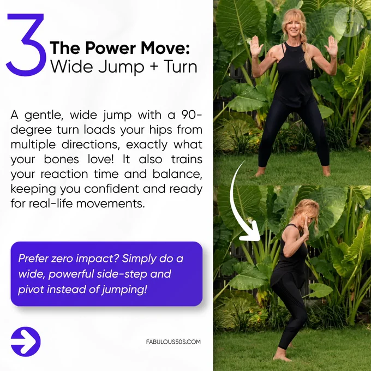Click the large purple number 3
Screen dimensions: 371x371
pyautogui.click(x=26, y=45)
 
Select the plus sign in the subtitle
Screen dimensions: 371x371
pyautogui.click(x=154, y=67)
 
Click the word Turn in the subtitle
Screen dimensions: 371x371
pyautogui.click(x=180, y=67)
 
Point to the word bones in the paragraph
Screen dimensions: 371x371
pyautogui.click(x=61, y=159)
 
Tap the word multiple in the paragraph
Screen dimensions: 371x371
pyautogui.click(x=33, y=145)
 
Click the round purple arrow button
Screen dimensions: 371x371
pyautogui.click(x=26, y=342)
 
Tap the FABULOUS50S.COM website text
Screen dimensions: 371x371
pyautogui.click(x=173, y=342)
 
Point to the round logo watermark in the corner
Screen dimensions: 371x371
pyautogui.click(x=349, y=22)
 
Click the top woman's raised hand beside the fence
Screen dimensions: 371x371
pyautogui.click(x=257, y=46)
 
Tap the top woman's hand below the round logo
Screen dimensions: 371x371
pyautogui.click(x=331, y=46)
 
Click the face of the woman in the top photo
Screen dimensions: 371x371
pyautogui.click(x=294, y=27)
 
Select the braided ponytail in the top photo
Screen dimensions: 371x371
pyautogui.click(x=307, y=54)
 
